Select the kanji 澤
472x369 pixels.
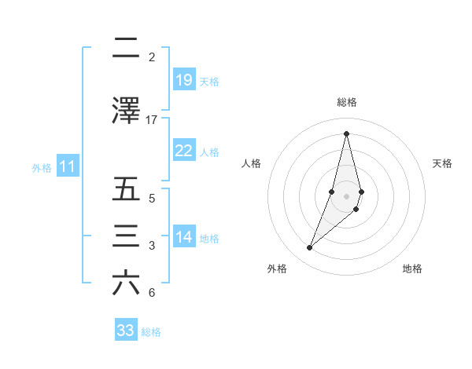(x=126, y=111)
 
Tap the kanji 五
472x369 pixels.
(x=126, y=189)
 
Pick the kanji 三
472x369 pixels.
(x=126, y=236)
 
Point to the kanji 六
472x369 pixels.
(x=126, y=283)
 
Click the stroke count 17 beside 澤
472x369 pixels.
(x=151, y=119)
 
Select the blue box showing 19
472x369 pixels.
(x=184, y=80)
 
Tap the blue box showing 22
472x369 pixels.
(x=184, y=151)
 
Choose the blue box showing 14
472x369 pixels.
(x=184, y=237)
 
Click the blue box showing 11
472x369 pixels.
(x=68, y=166)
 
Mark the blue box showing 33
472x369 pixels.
(x=126, y=331)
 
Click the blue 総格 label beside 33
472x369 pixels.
(x=151, y=332)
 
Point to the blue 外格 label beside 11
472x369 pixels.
(x=42, y=167)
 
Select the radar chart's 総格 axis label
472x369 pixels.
(x=347, y=102)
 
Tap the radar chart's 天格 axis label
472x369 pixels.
(x=442, y=163)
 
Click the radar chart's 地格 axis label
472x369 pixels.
(x=412, y=269)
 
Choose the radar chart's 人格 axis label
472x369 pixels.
(x=251, y=163)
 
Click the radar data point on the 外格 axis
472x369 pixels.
(x=310, y=248)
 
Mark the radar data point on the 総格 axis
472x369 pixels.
(x=347, y=133)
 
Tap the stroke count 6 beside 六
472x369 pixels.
(x=151, y=293)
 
